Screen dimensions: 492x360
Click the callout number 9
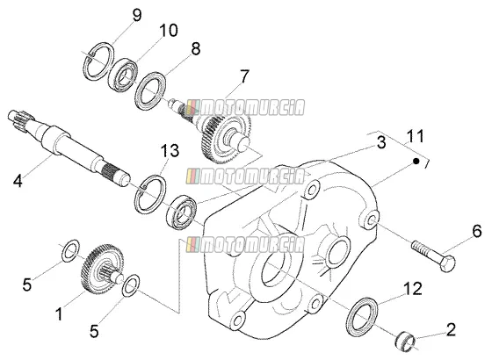pos(137,15)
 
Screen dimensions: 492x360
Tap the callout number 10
pos(169,31)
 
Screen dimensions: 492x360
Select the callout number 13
pos(170,150)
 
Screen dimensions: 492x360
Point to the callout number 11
pos(415,136)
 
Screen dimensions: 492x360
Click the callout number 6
pos(476,232)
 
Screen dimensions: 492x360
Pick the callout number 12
pos(413,289)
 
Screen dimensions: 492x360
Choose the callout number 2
pos(451,329)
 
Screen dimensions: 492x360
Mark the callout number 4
pos(18,181)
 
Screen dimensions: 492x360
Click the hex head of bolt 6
pos(447,263)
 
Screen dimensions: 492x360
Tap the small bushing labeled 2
pos(405,342)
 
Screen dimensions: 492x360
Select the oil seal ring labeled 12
pos(362,314)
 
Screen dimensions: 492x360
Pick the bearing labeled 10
pos(123,76)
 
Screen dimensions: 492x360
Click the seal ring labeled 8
pos(150,91)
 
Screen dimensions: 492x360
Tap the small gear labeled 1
pos(102,268)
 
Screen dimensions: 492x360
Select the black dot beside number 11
pos(416,162)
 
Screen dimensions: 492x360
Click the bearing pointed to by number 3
pos(181,212)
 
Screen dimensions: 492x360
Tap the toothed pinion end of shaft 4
pos(21,119)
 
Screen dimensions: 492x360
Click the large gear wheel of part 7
pos(226,138)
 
